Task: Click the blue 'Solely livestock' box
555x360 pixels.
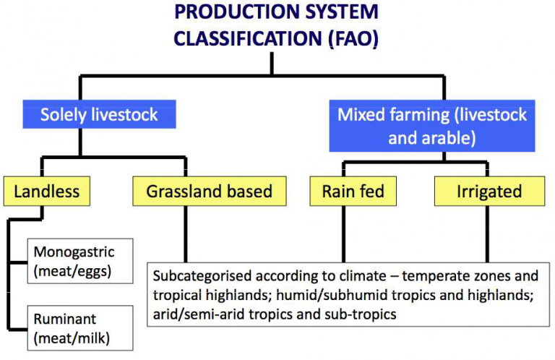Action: pos(100,114)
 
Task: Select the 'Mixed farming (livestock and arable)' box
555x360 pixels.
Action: pos(432,126)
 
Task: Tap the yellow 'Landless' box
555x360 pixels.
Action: pos(47,191)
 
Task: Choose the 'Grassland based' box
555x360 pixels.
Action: pos(209,191)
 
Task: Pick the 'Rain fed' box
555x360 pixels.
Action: pos(353,191)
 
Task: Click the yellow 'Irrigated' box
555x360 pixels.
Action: pos(489,191)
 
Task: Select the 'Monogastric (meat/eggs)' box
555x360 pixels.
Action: pos(80,261)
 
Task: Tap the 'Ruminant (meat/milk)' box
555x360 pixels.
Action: pos(80,328)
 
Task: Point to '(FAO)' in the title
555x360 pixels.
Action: pos(353,38)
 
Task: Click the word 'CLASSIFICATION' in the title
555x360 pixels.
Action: pos(247,38)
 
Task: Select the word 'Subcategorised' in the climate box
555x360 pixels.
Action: pos(202,276)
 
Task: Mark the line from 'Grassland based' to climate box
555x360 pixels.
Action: pos(186,234)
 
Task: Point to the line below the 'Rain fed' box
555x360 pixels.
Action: pos(343,234)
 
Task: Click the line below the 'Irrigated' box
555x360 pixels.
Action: pos(487,234)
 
